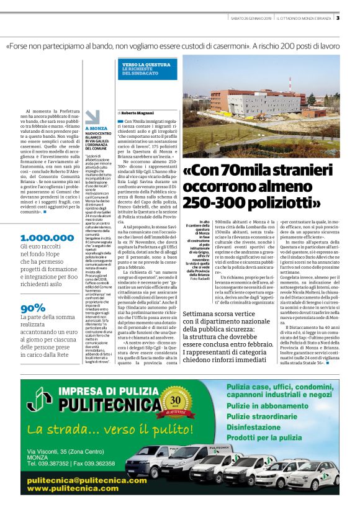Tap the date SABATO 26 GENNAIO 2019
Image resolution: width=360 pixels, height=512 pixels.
pyautogui.click(x=247, y=17)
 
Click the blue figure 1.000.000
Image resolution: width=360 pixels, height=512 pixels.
pyautogui.click(x=47, y=238)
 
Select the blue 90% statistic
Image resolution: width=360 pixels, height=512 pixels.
pyautogui.click(x=32, y=308)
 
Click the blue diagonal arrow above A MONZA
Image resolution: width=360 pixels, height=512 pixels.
pyautogui.click(x=92, y=117)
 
